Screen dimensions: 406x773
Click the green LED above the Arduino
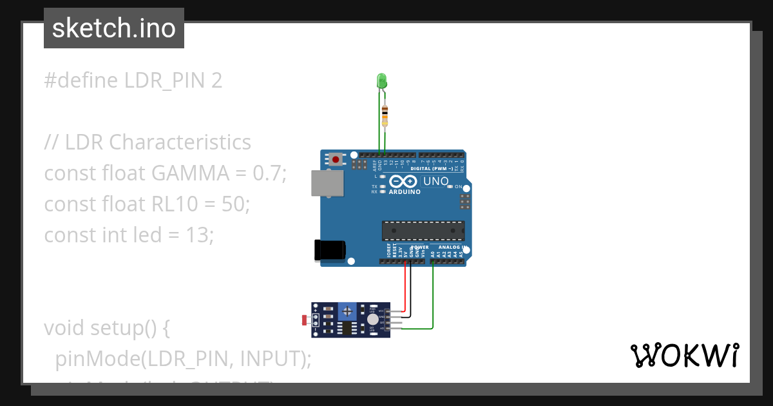point(381,81)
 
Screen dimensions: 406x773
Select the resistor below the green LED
point(385,117)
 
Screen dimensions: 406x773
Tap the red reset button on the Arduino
point(336,159)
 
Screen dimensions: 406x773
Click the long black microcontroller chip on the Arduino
point(423,231)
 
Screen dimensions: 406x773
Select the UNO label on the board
point(436,182)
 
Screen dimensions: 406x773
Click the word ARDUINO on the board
point(405,192)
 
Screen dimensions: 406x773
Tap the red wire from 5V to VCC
point(406,290)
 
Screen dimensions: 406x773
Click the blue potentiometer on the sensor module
point(348,312)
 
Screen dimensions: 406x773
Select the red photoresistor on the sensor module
point(305,320)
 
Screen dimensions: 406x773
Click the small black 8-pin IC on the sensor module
point(348,329)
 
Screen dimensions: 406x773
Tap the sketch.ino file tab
point(114,28)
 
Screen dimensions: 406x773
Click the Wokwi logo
point(683,355)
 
